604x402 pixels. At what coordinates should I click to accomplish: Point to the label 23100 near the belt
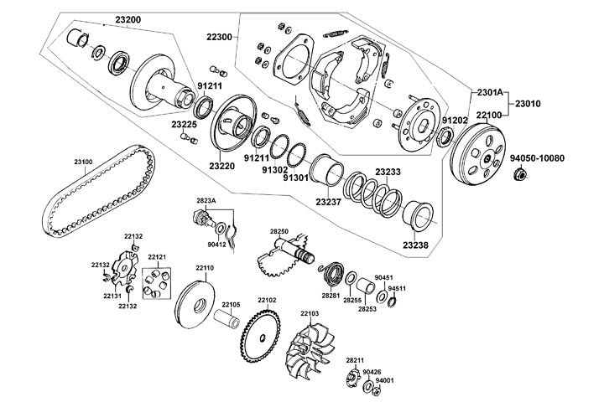pyautogui.click(x=83, y=161)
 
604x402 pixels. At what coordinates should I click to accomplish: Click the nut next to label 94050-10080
pyautogui.click(x=520, y=174)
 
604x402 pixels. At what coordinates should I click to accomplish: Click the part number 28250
pyautogui.click(x=279, y=231)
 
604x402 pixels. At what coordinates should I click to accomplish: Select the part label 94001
pyautogui.click(x=384, y=380)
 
